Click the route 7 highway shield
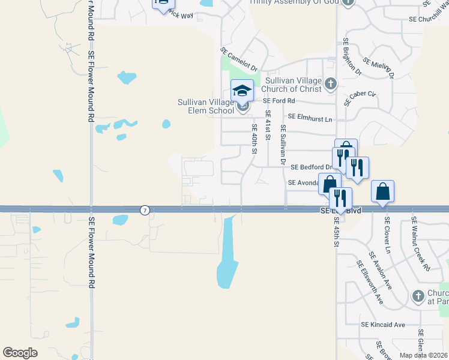[145, 210]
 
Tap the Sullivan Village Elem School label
[206, 106]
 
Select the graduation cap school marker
[242, 91]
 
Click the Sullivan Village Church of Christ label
[294, 85]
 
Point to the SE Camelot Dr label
[238, 60]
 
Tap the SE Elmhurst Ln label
[310, 118]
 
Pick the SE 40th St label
[255, 138]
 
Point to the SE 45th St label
[336, 232]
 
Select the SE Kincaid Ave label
[383, 325]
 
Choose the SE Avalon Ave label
[382, 270]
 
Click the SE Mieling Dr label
[378, 67]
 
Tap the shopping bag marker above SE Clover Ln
[382, 192]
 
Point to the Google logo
[20, 353]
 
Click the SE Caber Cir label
[360, 98]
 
